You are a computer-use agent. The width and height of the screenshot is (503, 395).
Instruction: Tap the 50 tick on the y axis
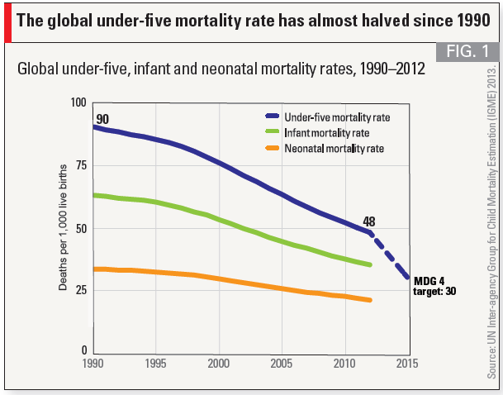[81, 228]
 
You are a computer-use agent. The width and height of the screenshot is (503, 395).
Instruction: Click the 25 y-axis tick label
[81, 290]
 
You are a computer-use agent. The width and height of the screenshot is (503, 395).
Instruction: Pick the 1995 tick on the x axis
[156, 364]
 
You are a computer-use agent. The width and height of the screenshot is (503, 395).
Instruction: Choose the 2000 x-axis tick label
[219, 364]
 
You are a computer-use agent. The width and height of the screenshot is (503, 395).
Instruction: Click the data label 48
[368, 221]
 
